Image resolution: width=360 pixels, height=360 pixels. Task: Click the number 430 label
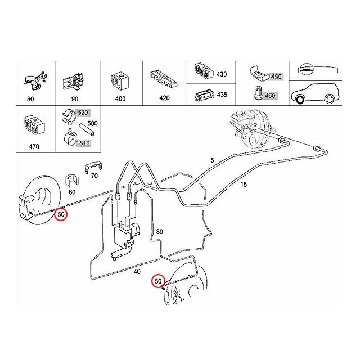(x=222, y=74)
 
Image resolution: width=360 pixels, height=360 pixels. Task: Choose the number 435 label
(x=222, y=94)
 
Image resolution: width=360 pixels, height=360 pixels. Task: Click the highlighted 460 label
(x=269, y=96)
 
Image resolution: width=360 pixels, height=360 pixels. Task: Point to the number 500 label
(x=93, y=123)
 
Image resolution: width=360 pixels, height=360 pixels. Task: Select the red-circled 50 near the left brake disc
(x=61, y=214)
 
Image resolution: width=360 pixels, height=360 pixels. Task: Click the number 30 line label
(x=160, y=232)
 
